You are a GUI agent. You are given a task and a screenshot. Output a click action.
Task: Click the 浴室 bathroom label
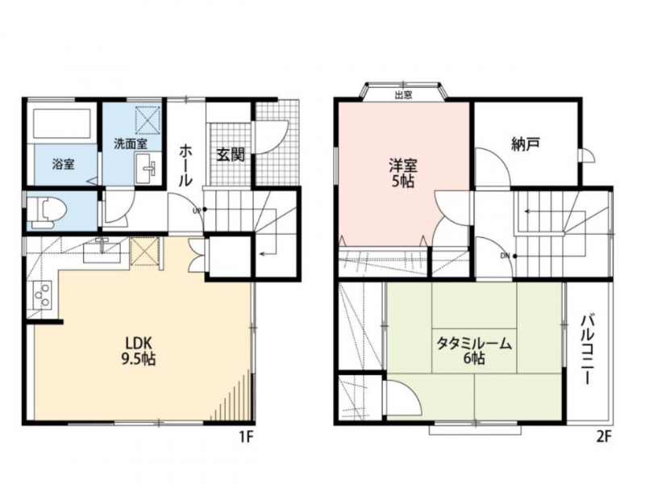click(x=64, y=165)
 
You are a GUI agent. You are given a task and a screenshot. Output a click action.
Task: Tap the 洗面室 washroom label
click(x=131, y=144)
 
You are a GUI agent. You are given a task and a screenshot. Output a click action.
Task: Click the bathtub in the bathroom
click(x=62, y=123)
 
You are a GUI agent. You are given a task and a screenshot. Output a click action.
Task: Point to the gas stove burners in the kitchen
click(x=41, y=294)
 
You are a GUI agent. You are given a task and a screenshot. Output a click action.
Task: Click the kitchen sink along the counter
click(x=102, y=251)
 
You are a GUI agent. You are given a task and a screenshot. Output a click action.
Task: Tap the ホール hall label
click(x=185, y=165)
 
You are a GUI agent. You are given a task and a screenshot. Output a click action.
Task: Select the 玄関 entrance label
click(x=231, y=155)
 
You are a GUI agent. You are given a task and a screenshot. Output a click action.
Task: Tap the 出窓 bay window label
click(x=404, y=95)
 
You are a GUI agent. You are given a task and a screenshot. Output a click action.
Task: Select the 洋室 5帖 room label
click(x=403, y=173)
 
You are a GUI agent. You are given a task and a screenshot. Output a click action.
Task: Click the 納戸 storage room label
click(x=526, y=144)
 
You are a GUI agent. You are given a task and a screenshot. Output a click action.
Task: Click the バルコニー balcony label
click(x=588, y=350)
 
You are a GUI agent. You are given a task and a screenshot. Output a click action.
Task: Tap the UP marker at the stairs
click(x=197, y=211)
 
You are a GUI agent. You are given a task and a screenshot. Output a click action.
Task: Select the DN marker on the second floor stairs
click(x=506, y=256)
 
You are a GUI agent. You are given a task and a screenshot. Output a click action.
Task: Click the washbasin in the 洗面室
click(x=145, y=169)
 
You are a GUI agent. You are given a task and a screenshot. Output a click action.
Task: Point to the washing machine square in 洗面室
click(x=148, y=119)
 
